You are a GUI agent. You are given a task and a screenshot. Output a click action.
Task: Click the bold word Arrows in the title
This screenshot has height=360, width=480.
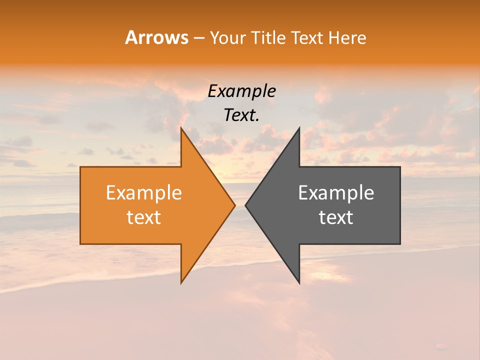click(x=156, y=37)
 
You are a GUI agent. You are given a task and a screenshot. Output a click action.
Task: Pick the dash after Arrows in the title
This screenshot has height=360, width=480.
click(x=198, y=38)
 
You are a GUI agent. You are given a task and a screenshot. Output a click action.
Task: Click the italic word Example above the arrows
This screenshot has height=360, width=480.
click(x=242, y=91)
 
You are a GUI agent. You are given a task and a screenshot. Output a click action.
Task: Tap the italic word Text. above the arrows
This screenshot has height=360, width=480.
click(x=242, y=115)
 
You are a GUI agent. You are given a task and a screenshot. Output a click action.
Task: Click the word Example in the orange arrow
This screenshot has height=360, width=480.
click(x=144, y=192)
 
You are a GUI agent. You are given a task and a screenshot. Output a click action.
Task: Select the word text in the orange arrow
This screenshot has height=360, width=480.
click(x=144, y=217)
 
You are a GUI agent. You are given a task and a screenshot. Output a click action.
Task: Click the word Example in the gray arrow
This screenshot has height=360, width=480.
click(x=336, y=192)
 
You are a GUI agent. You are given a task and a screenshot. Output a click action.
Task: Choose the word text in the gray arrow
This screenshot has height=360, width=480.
click(x=336, y=217)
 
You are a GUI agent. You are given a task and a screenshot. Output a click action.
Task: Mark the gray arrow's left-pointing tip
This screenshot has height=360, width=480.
click(x=246, y=205)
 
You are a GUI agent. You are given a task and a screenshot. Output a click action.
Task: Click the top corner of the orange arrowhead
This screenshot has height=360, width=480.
click(x=181, y=128)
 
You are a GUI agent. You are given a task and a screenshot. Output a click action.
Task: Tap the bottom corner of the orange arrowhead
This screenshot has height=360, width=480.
click(x=181, y=282)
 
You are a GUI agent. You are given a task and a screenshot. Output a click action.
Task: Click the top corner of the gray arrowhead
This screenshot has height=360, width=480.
click(x=299, y=128)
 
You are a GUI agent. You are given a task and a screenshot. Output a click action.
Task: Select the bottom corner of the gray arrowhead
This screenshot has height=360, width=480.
click(x=299, y=282)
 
